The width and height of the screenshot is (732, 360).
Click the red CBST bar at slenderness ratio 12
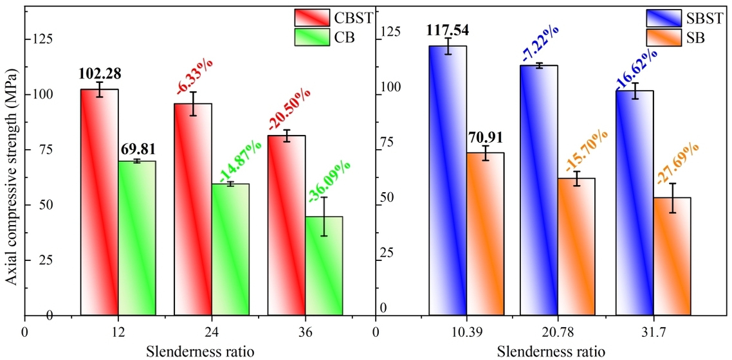point(99,203)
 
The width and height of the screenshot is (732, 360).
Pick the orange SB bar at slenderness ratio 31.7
point(672,256)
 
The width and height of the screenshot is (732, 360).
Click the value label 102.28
point(100,73)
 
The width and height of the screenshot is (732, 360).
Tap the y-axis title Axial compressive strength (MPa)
point(12,178)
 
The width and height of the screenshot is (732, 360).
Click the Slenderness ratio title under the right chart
point(551,352)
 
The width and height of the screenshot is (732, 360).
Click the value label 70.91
point(484,136)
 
